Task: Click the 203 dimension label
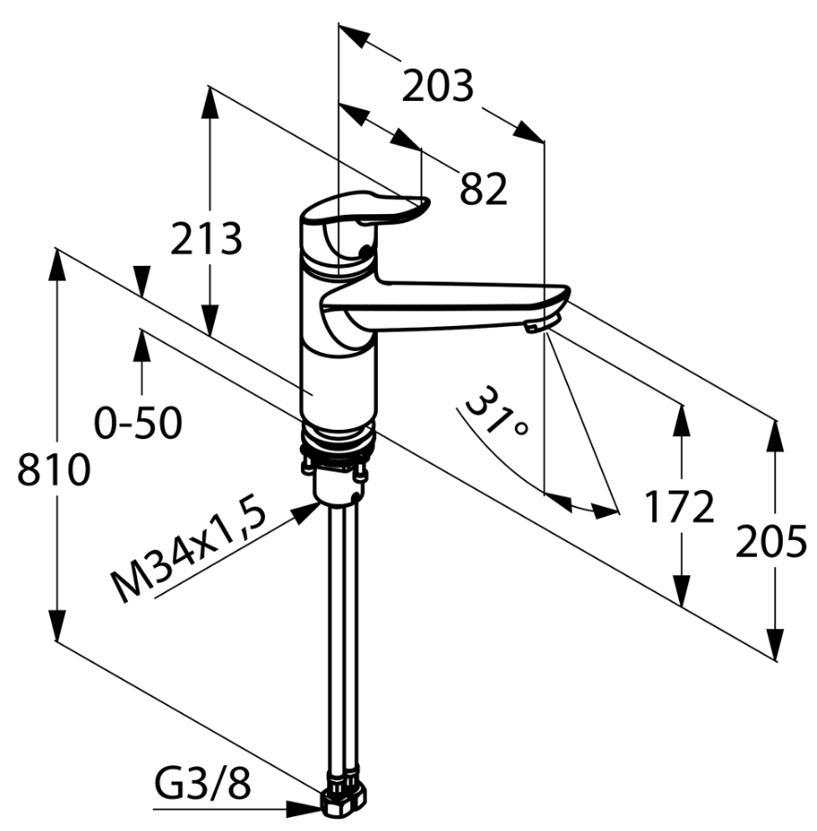pos(437,86)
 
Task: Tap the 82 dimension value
pos(484,189)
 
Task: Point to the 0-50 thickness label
pos(138,422)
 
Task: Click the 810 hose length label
pos(54,470)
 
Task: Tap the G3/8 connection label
pos(202,784)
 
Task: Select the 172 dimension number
pos(680,507)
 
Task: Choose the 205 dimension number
pos(771,541)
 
